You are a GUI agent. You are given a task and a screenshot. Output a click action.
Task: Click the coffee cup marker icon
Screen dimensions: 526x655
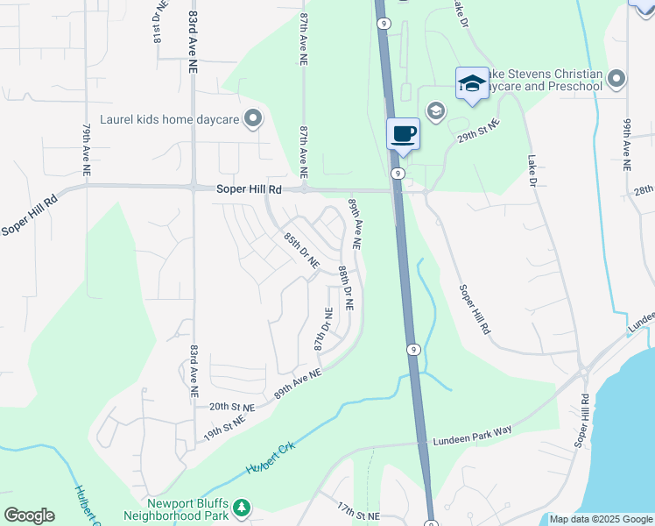pos(403,134)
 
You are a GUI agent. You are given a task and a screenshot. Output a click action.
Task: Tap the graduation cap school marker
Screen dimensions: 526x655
pos(471,84)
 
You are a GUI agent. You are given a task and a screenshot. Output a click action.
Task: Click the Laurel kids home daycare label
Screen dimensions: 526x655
pos(170,119)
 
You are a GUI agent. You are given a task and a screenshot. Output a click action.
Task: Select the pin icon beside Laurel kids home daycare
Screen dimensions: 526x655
pos(253,118)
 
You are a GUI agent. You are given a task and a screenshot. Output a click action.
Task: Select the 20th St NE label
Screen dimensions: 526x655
pos(231,408)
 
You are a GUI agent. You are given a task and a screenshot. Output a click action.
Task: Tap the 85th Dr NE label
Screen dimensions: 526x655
pos(300,250)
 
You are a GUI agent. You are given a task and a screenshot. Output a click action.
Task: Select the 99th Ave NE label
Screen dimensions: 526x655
pos(627,144)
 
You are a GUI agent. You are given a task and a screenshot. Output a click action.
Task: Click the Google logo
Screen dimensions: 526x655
pos(29,515)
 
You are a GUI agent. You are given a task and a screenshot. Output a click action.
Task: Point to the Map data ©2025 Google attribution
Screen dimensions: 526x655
pos(602,519)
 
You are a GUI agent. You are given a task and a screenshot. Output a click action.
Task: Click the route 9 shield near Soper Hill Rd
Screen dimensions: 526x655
pos(397,174)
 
